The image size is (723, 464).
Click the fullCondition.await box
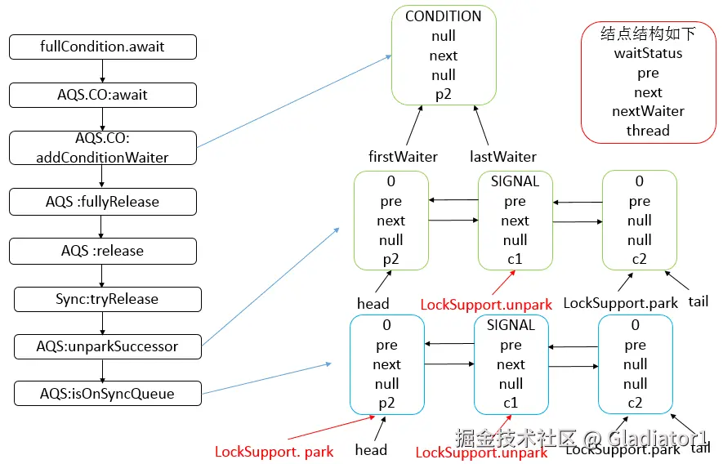point(103,47)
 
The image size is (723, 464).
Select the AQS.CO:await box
point(103,95)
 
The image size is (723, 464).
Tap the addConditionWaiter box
point(103,148)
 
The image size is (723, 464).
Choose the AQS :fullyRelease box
point(103,202)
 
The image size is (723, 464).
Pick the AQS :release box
point(103,251)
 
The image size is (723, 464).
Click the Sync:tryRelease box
point(108,299)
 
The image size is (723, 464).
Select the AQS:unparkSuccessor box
point(108,346)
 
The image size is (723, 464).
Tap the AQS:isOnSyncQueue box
point(108,394)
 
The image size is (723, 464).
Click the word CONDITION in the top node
point(443,16)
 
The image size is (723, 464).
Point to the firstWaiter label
point(403,157)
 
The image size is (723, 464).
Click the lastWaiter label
point(503,157)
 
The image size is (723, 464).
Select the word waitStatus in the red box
point(648,53)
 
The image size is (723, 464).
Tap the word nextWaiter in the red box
point(648,111)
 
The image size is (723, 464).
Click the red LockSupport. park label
point(274,452)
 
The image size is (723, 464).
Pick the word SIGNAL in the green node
point(515,181)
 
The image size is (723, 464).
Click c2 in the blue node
point(635,403)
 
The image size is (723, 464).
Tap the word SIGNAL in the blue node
point(511,325)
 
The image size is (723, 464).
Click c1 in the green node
point(515,259)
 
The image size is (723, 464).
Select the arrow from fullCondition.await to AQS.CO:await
point(102,71)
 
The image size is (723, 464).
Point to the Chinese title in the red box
point(648,33)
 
